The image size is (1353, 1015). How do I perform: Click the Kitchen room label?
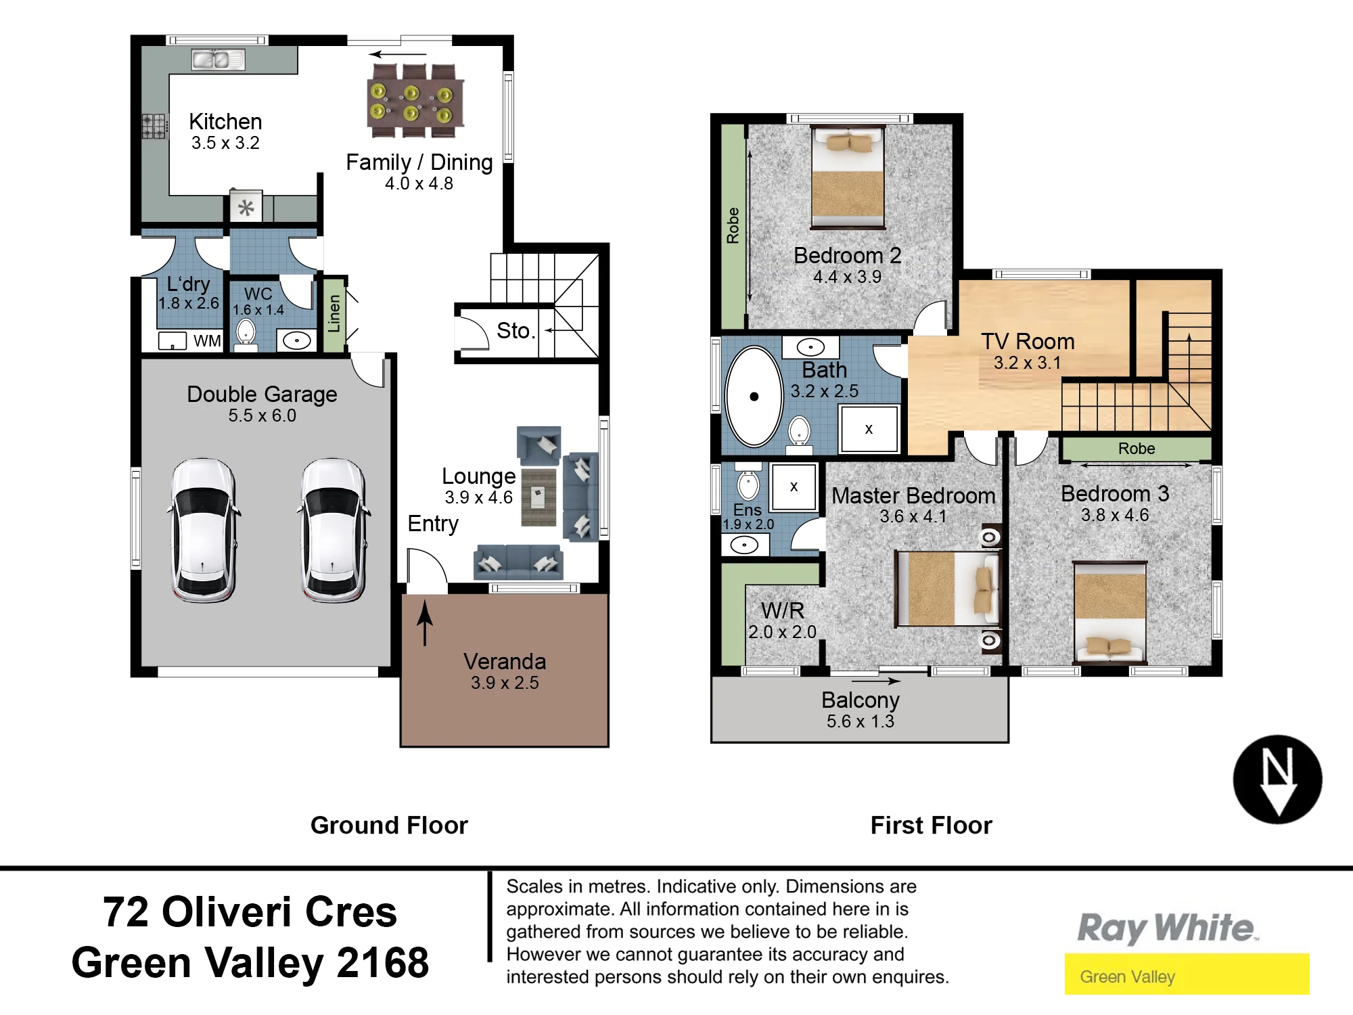tap(225, 122)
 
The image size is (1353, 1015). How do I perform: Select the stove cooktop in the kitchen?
tap(154, 127)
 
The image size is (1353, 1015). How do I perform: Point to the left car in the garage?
tap(203, 530)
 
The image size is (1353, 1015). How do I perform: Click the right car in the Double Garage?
tap(333, 530)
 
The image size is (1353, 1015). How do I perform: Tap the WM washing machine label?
tap(207, 341)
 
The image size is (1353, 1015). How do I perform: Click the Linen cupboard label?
tap(334, 313)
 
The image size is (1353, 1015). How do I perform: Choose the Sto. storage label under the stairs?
tap(516, 331)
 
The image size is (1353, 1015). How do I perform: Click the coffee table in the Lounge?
tap(538, 497)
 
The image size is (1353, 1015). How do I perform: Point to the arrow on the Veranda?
tap(424, 623)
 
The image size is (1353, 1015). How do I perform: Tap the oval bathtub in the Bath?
tap(754, 397)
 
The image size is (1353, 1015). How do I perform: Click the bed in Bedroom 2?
tap(848, 177)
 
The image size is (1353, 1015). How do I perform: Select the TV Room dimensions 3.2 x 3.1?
tap(1027, 363)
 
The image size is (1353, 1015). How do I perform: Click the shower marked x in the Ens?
tap(794, 486)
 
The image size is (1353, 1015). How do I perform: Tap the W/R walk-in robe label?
tap(783, 610)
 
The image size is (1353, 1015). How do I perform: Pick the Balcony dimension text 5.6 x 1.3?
tap(860, 721)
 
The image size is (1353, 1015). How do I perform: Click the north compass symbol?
tap(1277, 780)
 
